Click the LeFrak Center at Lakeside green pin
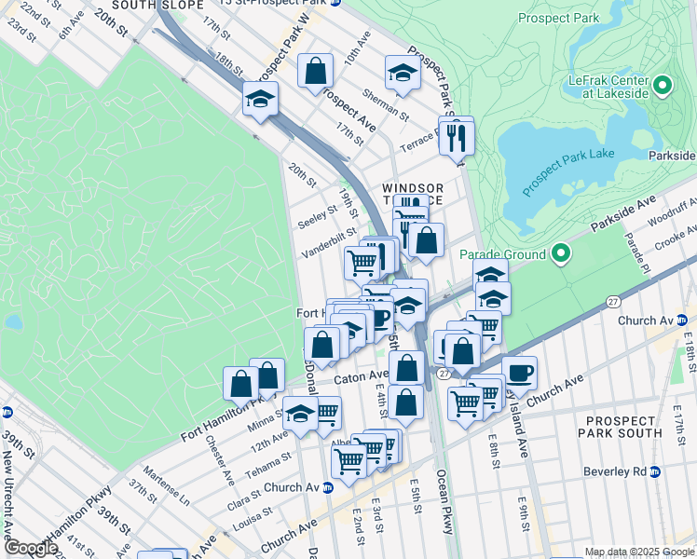(663, 86)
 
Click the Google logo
(31, 548)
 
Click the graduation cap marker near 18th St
(261, 99)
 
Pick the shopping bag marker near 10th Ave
(316, 71)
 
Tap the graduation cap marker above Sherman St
(403, 75)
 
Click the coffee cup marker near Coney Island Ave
(519, 373)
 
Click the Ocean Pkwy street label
(444, 508)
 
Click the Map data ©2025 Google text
(638, 552)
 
